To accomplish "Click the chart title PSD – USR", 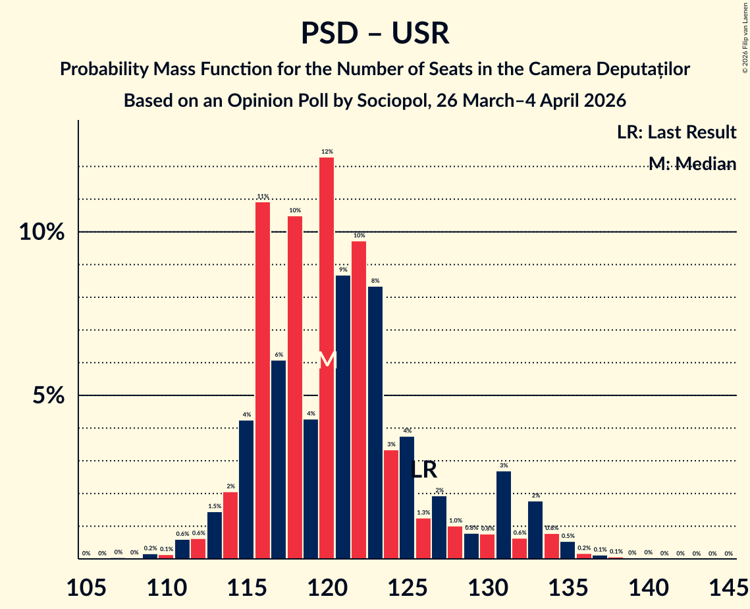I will tap(375, 34).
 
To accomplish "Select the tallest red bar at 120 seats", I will tap(327, 356).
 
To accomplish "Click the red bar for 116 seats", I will tap(262, 380).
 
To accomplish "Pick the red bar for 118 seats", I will tap(294, 388).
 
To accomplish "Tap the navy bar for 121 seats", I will tap(342, 417).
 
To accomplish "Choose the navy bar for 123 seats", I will tap(375, 422).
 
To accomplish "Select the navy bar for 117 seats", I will tap(279, 459).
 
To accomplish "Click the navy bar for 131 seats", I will tap(503, 515).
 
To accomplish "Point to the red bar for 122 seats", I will tap(359, 400).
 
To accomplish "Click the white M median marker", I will tap(327, 361).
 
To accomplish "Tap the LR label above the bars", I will tap(423, 470).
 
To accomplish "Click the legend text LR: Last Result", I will tap(676, 132).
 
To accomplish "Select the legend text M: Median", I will tap(691, 163).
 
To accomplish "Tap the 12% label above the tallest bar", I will tap(327, 152).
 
